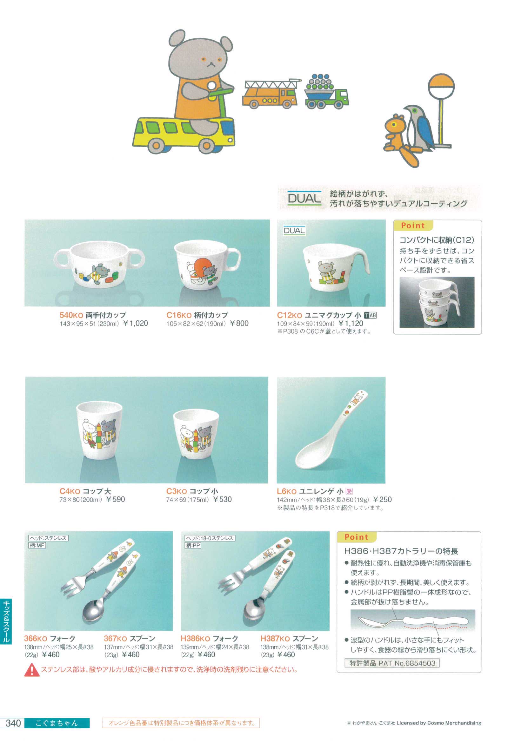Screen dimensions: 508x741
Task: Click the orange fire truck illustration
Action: tap(271, 94)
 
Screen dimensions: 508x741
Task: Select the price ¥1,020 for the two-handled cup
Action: tap(136, 323)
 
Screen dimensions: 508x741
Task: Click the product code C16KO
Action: tap(179, 315)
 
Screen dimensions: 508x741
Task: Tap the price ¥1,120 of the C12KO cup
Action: tap(351, 323)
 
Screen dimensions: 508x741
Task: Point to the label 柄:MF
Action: tap(37, 546)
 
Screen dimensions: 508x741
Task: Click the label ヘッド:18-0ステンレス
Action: tap(210, 538)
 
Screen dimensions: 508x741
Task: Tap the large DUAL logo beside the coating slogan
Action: tap(304, 198)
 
